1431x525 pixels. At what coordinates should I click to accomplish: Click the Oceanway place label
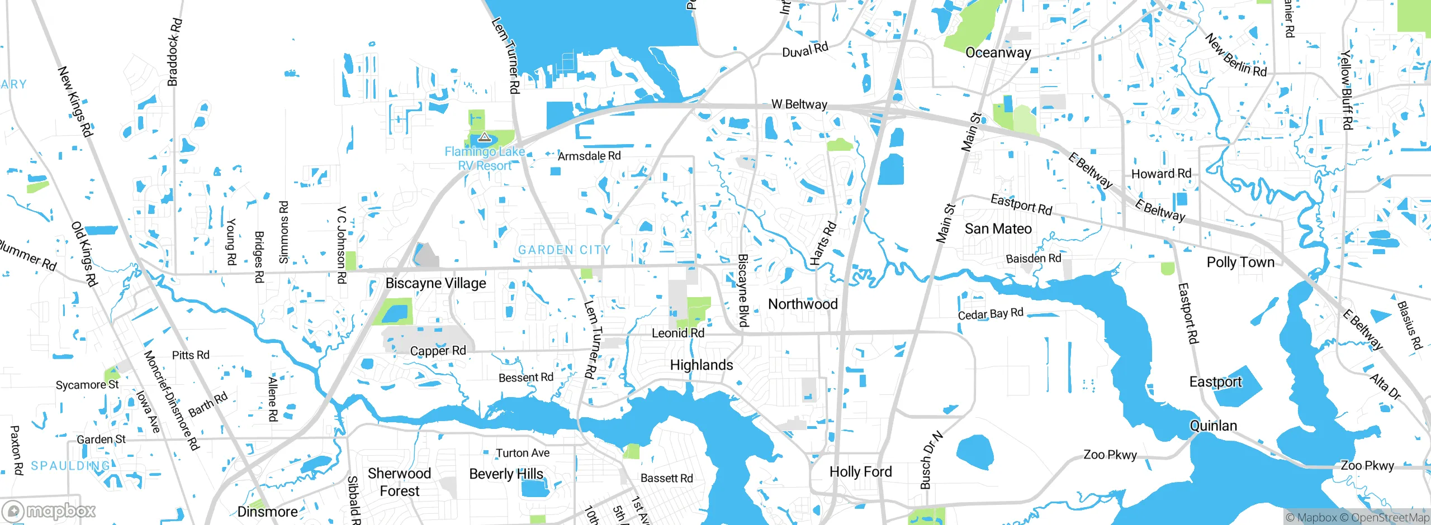(x=998, y=52)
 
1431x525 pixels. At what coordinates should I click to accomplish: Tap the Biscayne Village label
(x=435, y=283)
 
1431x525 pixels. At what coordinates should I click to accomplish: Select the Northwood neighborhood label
(x=803, y=304)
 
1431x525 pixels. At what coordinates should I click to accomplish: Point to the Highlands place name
(x=701, y=365)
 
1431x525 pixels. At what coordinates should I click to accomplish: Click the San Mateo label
(x=998, y=228)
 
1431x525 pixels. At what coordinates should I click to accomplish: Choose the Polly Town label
(x=1240, y=262)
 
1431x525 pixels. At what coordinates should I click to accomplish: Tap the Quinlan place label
(x=1213, y=426)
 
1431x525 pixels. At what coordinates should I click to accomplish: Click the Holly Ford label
(x=860, y=471)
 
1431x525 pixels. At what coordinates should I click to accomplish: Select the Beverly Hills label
(x=506, y=474)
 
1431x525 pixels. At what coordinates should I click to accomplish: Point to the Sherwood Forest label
(x=399, y=482)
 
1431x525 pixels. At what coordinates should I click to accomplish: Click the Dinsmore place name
(x=267, y=512)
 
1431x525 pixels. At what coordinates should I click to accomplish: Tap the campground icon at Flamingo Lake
(x=484, y=137)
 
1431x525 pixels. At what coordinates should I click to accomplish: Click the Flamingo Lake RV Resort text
(x=485, y=159)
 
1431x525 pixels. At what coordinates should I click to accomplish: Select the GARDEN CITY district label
(x=564, y=250)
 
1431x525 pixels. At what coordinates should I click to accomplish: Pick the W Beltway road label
(x=799, y=104)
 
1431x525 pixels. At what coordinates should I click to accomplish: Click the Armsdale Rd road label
(x=589, y=156)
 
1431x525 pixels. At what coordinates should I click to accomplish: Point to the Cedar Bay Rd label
(x=990, y=314)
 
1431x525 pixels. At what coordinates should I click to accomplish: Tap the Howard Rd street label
(x=1161, y=174)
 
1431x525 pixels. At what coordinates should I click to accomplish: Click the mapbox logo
(x=49, y=511)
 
